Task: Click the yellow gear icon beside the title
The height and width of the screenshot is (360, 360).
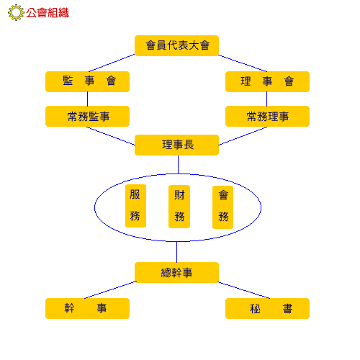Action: coord(16,12)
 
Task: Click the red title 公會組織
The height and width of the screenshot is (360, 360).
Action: coord(48,13)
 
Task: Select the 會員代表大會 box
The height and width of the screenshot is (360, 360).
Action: coord(176,45)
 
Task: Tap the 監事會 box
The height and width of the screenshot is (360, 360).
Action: coord(87,81)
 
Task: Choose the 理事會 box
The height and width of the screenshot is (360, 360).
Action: coord(267,81)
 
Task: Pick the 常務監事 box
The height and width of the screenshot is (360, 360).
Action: coord(87,116)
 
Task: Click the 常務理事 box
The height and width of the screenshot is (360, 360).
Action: coord(267,116)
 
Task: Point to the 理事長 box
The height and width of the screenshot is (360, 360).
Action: coord(176,145)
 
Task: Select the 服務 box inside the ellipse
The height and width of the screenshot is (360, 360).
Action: coord(135,206)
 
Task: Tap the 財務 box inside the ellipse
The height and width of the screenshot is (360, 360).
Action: coord(179,207)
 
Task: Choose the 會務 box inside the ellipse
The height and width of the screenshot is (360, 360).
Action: coord(222,207)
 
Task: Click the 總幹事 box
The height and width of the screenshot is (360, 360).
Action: coord(176,272)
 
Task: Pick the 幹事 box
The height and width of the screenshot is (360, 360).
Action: coord(87,308)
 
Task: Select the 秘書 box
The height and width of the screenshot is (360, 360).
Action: coord(267,308)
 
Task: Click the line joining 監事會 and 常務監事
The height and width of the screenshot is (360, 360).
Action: coord(87,99)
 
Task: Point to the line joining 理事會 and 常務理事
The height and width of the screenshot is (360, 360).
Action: coord(266,99)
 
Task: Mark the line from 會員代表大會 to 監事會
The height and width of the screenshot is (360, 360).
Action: coord(112,63)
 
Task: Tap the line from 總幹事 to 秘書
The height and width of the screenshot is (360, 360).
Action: coord(243,290)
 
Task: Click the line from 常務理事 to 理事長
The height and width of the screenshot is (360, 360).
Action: coord(243,136)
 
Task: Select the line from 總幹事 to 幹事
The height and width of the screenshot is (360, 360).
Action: coord(110,290)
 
